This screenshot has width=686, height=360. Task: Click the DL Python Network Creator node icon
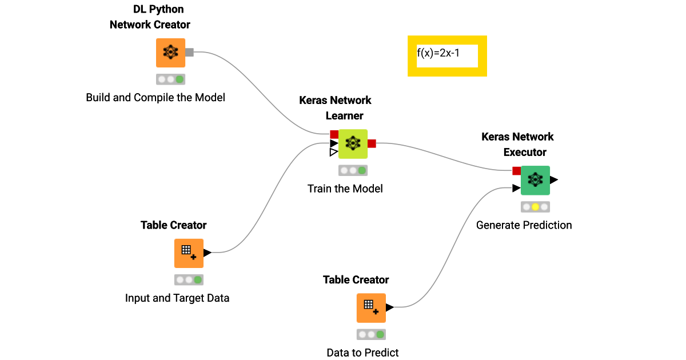pyautogui.click(x=170, y=53)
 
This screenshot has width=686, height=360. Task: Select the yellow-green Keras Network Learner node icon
pyautogui.click(x=353, y=143)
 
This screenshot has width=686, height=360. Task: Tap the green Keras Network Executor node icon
pyautogui.click(x=535, y=180)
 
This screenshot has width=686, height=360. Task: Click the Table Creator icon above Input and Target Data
pyautogui.click(x=189, y=253)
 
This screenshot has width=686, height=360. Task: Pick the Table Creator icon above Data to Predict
pyautogui.click(x=371, y=308)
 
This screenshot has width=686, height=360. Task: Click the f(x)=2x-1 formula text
pyautogui.click(x=438, y=54)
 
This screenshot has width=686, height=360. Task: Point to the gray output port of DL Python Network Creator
pyautogui.click(x=190, y=53)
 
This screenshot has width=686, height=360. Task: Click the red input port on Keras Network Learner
pyautogui.click(x=334, y=134)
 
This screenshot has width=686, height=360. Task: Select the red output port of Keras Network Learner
pyautogui.click(x=372, y=143)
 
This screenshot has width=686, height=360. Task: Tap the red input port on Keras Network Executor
pyautogui.click(x=516, y=171)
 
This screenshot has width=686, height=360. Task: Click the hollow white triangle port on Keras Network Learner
pyautogui.click(x=334, y=153)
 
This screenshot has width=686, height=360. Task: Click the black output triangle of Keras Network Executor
pyautogui.click(x=553, y=180)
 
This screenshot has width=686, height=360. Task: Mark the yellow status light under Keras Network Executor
pyautogui.click(x=535, y=207)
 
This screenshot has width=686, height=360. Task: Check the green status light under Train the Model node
pyautogui.click(x=362, y=170)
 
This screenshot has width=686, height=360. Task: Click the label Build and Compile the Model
pyautogui.click(x=155, y=98)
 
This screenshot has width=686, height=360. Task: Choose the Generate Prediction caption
pyautogui.click(x=524, y=225)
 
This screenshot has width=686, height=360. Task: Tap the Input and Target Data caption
pyautogui.click(x=177, y=298)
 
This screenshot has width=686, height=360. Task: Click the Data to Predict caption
pyautogui.click(x=362, y=353)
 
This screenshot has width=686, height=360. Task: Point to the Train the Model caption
pyautogui.click(x=345, y=189)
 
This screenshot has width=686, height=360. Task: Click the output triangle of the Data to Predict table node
pyautogui.click(x=390, y=307)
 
